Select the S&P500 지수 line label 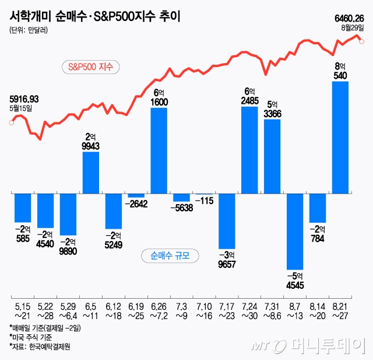pyautogui.click(x=90, y=67)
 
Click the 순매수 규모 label pyautogui.click(x=170, y=256)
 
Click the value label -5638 pyautogui.click(x=182, y=207)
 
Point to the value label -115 pyautogui.click(x=204, y=201)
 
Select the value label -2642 pyautogui.click(x=136, y=204)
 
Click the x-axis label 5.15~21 pyautogui.click(x=22, y=309)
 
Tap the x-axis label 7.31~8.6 pyautogui.click(x=272, y=309)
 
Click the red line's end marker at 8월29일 pyautogui.click(x=362, y=41)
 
